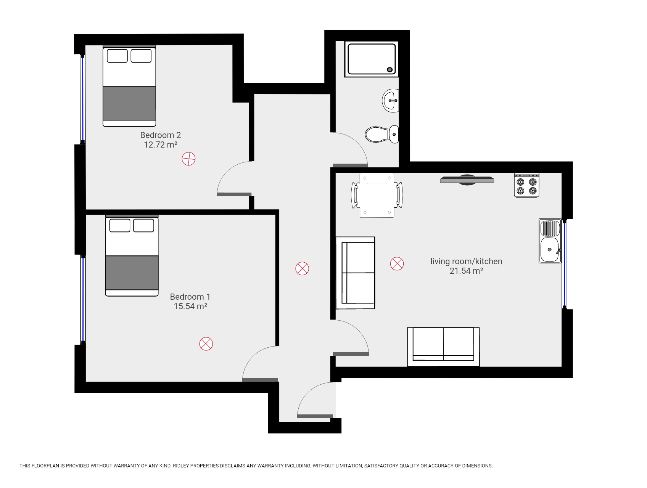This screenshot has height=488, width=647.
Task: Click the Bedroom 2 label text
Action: point(160,135)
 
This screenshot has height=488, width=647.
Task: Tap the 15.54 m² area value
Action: point(190,306)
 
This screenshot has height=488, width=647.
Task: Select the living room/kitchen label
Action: point(466,261)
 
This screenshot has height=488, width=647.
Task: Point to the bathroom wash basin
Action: point(390,101)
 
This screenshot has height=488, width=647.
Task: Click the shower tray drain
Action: point(389,69)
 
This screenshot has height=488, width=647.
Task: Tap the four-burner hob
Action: point(526,185)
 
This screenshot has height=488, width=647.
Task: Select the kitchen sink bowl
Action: point(549,250)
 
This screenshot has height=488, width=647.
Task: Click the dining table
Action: point(377,195)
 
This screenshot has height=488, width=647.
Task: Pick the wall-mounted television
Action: point(467,180)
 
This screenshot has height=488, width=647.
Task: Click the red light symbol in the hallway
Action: point(302,268)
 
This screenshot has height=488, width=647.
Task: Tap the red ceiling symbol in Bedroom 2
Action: point(188,159)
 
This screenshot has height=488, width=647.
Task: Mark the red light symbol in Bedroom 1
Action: point(206,344)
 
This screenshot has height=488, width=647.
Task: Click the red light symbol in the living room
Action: point(397,263)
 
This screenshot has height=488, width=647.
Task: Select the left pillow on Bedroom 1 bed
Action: point(119,225)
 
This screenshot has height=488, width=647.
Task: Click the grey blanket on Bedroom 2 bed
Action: point(129,103)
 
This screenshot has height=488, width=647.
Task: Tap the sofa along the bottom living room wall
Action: point(443,346)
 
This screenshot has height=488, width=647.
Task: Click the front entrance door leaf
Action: point(315,416)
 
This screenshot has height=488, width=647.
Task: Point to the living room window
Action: point(565,264)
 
